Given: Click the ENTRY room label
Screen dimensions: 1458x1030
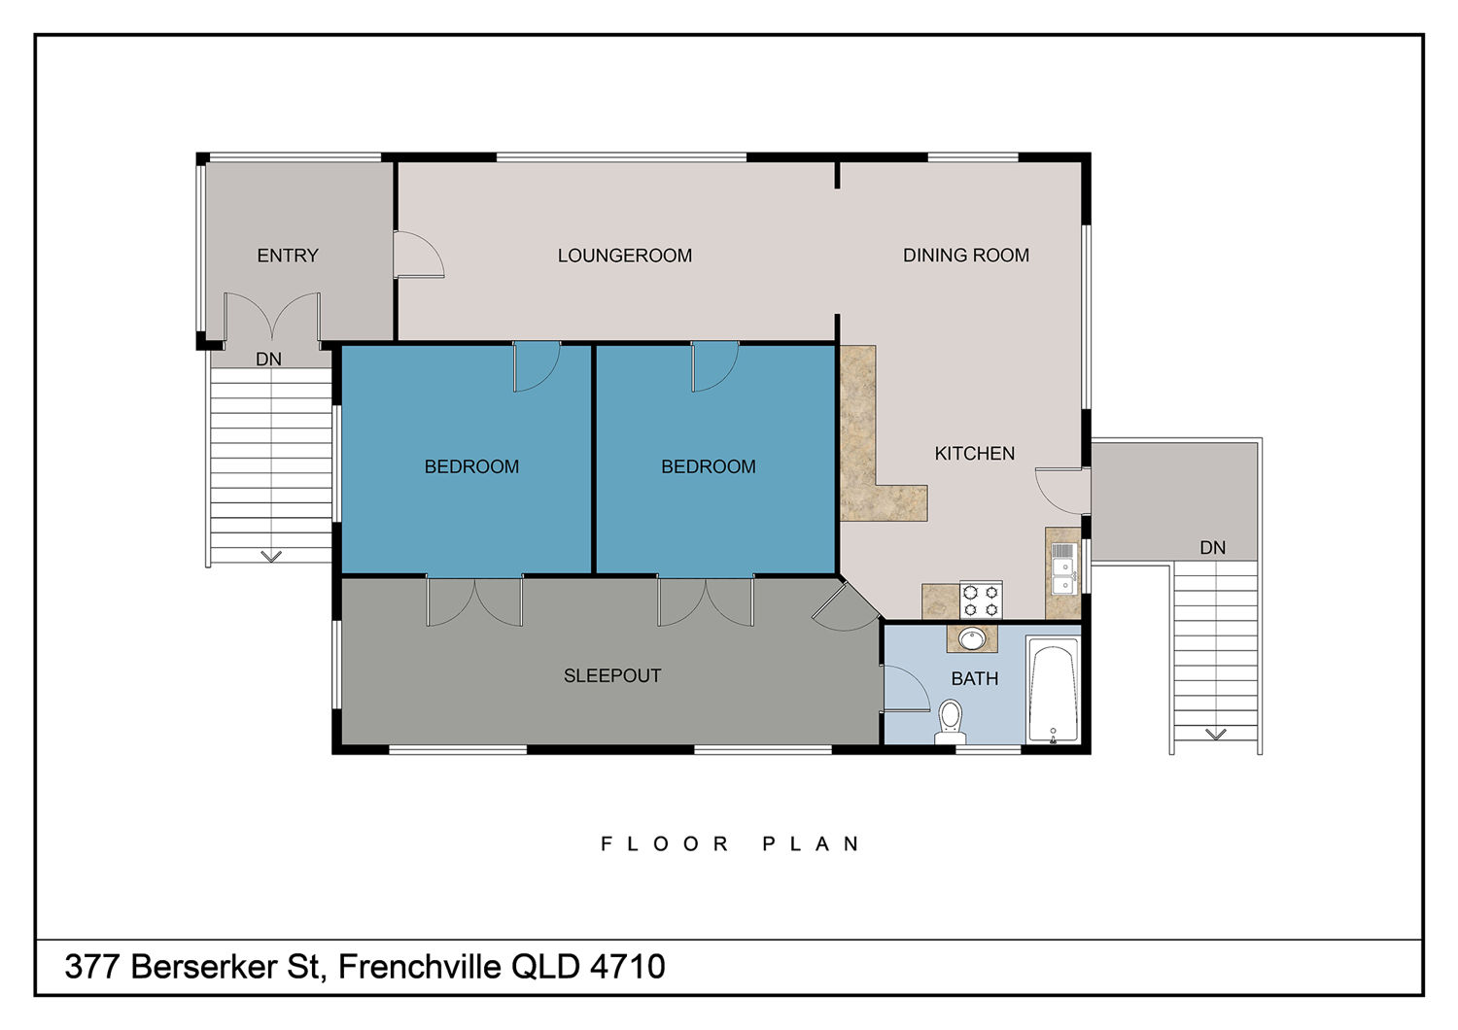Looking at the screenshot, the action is click(288, 256).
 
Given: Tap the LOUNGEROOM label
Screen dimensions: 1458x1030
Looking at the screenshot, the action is click(625, 256).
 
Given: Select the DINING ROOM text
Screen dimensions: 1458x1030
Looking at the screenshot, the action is click(966, 255).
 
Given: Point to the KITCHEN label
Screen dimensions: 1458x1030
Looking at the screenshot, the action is click(974, 454).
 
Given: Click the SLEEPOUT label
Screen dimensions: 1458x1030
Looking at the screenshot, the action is click(612, 676).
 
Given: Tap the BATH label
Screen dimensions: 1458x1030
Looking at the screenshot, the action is click(974, 678).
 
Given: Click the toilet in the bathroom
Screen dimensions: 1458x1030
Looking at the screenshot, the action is click(951, 722).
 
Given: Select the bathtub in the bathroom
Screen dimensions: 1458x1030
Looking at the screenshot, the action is click(1053, 690).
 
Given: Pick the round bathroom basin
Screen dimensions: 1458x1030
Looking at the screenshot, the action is click(972, 639).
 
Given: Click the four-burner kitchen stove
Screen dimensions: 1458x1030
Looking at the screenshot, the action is click(981, 600).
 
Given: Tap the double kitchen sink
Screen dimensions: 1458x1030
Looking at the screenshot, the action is click(1063, 568).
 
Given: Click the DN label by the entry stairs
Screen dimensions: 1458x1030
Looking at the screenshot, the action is click(269, 360).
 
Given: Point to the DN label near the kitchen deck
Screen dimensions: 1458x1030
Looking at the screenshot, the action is click(1213, 548).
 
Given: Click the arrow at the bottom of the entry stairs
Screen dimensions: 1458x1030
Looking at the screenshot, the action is click(271, 557).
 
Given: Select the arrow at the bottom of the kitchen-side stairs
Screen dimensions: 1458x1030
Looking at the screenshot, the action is click(1215, 735).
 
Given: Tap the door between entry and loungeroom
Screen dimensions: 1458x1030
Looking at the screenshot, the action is click(419, 255).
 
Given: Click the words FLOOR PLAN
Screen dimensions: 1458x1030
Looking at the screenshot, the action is click(730, 844).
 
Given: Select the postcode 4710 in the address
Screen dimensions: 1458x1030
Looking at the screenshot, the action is click(628, 966).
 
